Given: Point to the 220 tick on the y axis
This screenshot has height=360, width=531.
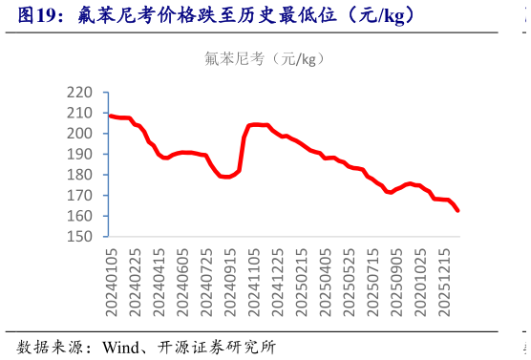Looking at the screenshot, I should (79, 93).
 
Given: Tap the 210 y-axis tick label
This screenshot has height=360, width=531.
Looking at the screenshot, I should (79, 113).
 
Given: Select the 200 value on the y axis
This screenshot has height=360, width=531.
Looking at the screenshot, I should (79, 134).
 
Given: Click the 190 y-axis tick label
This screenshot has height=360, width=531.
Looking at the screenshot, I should (79, 154).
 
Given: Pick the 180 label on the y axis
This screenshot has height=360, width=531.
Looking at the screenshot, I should (79, 175).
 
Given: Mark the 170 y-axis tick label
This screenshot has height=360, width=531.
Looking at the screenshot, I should (79, 195).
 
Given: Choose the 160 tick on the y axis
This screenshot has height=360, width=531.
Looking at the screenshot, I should (79, 216).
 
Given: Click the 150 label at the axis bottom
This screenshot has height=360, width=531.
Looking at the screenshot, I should (79, 236).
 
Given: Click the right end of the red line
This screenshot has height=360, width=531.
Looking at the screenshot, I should (458, 210).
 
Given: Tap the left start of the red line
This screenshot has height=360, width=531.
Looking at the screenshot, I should (110, 116).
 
